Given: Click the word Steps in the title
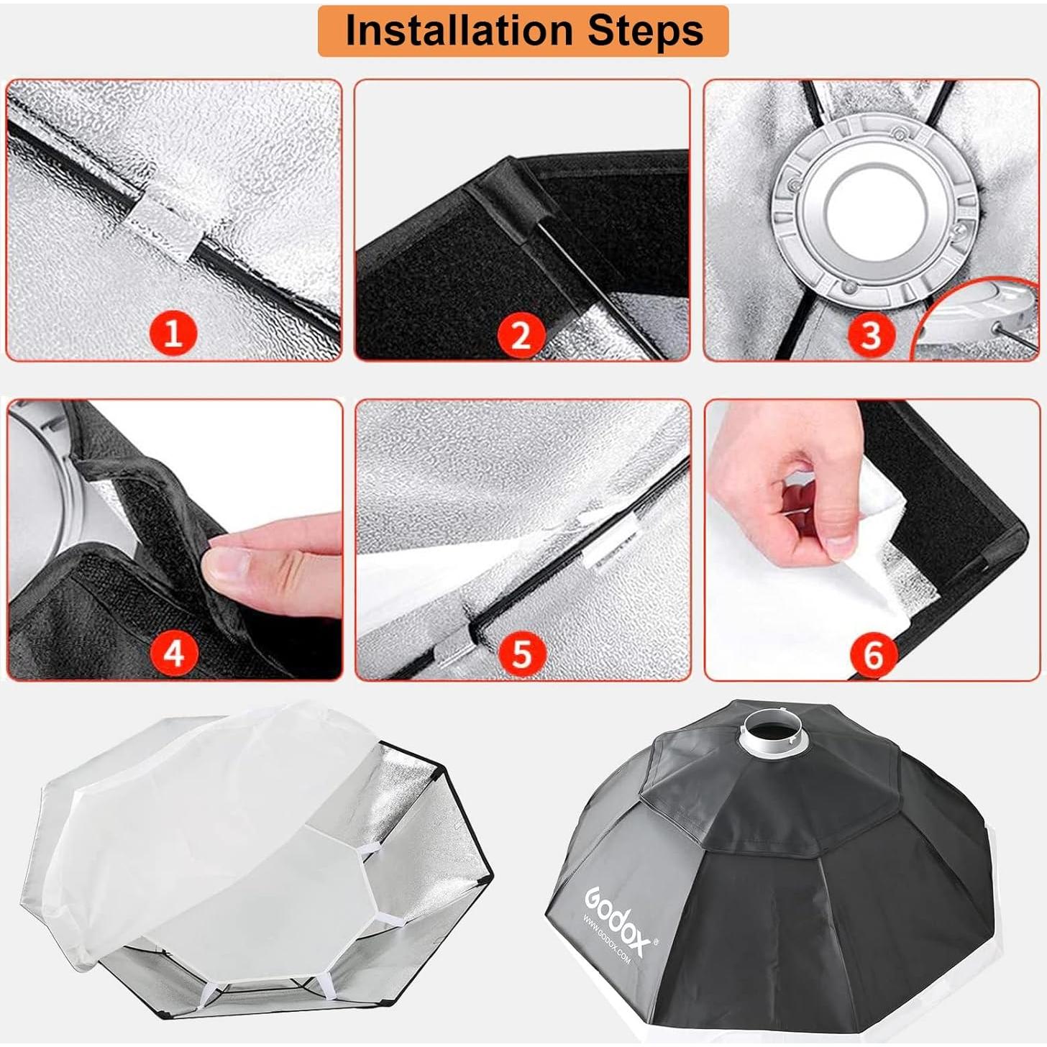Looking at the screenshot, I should (x=645, y=30).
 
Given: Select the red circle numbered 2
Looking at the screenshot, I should (x=521, y=334).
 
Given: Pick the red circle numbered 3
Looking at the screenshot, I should (x=871, y=334).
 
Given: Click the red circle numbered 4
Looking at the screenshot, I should (x=173, y=654).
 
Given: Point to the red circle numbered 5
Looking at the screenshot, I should (x=521, y=654).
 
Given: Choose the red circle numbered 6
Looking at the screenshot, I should (x=872, y=654).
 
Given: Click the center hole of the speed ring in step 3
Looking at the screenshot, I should (x=870, y=209).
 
